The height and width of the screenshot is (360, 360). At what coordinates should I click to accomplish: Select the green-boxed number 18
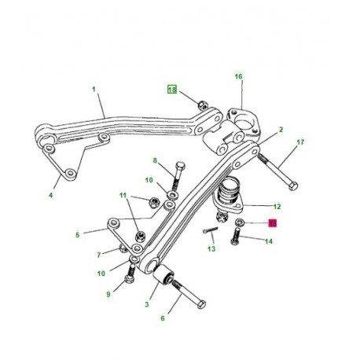(x=172, y=90)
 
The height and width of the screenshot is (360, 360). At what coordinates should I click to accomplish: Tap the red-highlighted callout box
(x=273, y=223)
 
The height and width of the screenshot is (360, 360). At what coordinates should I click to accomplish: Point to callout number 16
(x=239, y=76)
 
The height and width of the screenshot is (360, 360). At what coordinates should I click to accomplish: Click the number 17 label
(x=299, y=143)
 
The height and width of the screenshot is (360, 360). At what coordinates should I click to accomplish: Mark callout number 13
(x=211, y=249)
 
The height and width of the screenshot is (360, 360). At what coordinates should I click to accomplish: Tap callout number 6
(x=163, y=318)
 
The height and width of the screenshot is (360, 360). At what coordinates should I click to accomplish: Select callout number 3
(x=147, y=303)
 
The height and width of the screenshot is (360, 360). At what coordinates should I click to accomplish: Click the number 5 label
(x=77, y=234)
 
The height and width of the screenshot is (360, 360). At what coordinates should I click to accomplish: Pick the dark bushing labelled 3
(x=166, y=276)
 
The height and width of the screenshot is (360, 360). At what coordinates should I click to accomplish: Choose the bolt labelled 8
(x=178, y=178)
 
